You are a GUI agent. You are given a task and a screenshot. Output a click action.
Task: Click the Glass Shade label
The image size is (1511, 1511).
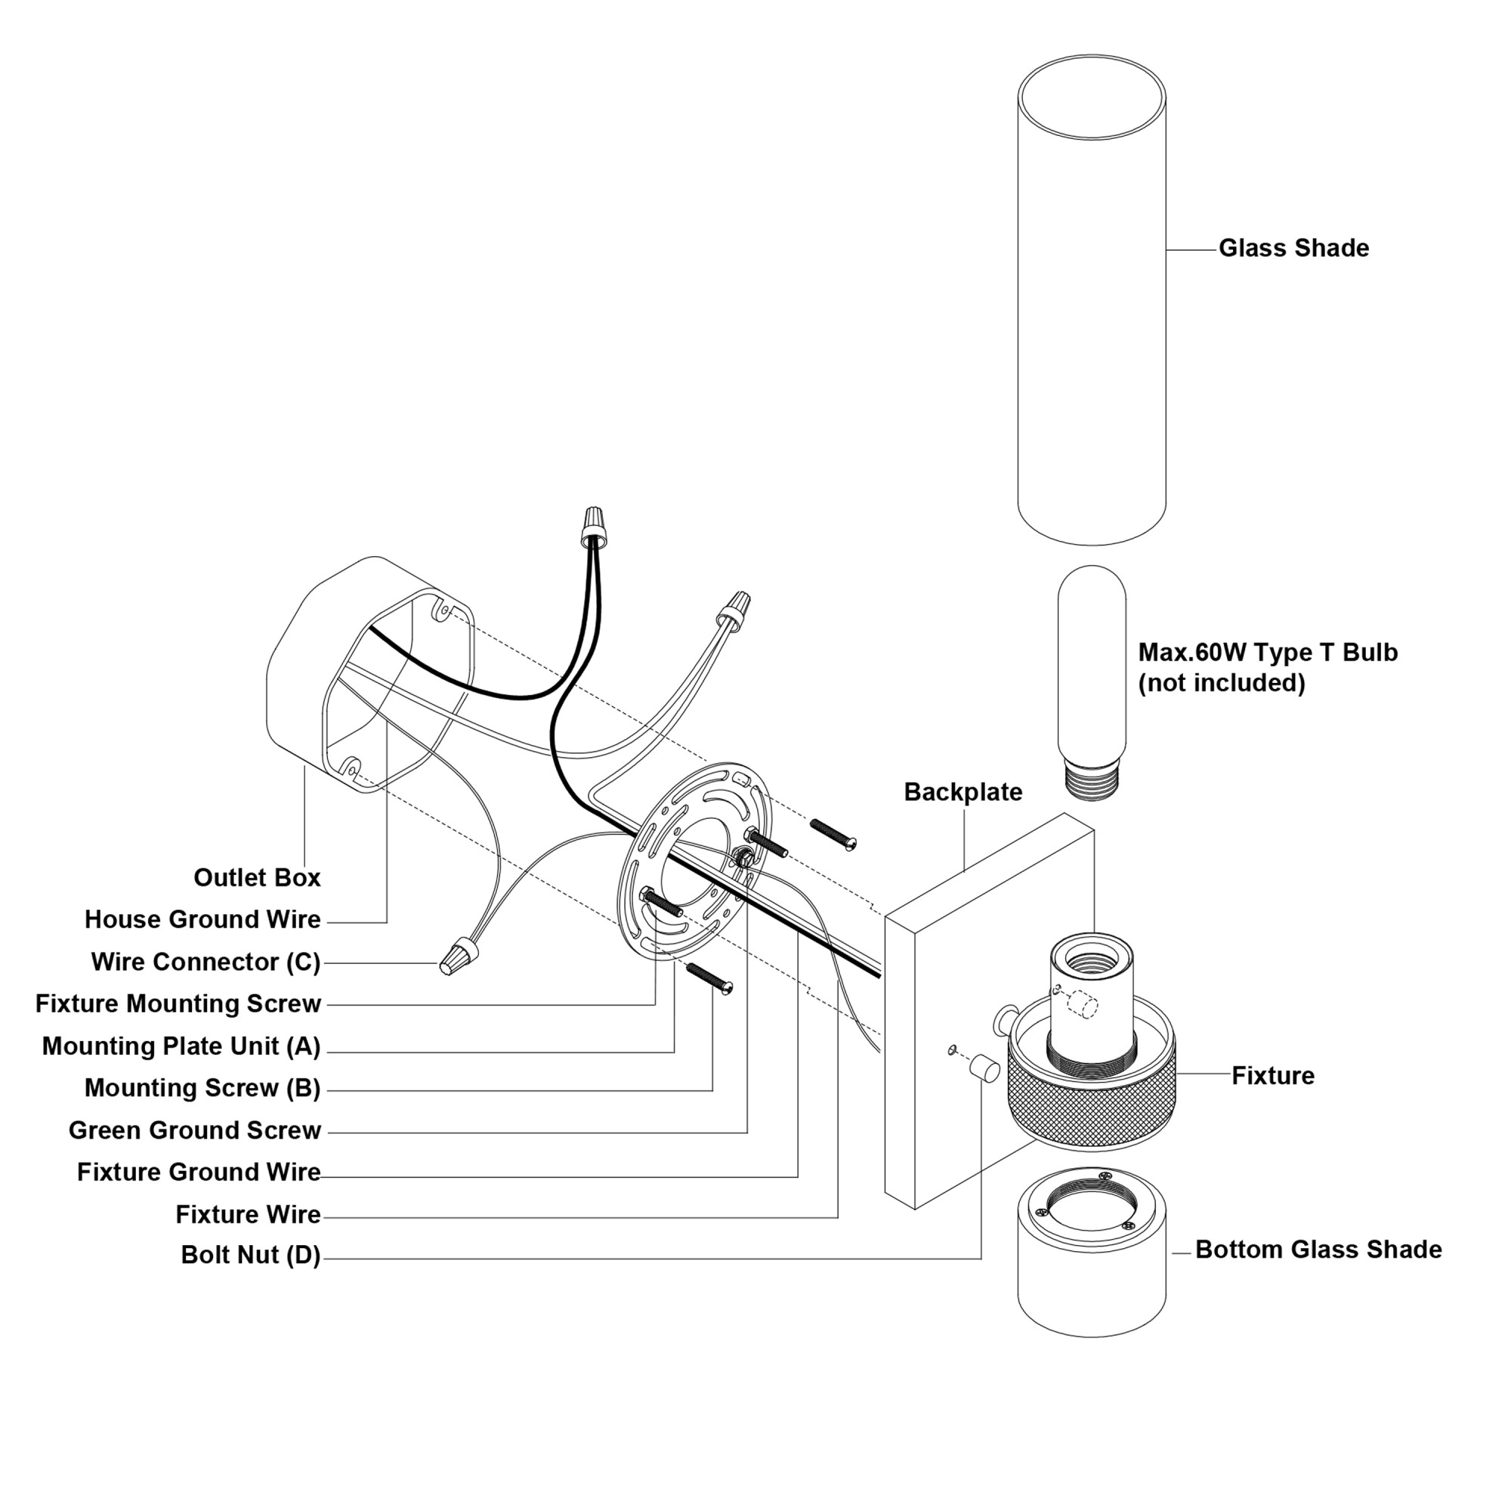pyautogui.click(x=1293, y=249)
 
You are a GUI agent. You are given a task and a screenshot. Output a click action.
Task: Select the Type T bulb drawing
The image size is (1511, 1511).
pyautogui.click(x=1092, y=665)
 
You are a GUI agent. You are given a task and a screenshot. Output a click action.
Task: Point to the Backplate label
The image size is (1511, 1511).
pyautogui.click(x=963, y=793)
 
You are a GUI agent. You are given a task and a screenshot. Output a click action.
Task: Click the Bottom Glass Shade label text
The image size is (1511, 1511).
pyautogui.click(x=1318, y=1250)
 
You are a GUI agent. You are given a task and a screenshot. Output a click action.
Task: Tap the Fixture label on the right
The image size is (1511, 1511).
pyautogui.click(x=1272, y=1075)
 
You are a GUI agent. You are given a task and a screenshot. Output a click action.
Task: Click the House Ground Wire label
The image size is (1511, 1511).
pyautogui.click(x=202, y=919)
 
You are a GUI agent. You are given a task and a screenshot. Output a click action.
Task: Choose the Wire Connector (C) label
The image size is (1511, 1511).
pyautogui.click(x=205, y=962)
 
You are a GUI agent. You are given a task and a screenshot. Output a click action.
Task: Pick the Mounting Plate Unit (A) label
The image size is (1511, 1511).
pyautogui.click(x=181, y=1046)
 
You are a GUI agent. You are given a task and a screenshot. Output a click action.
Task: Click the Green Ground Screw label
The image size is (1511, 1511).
pyautogui.click(x=195, y=1131)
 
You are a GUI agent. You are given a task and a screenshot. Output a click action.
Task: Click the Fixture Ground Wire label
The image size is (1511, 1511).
pyautogui.click(x=199, y=1173)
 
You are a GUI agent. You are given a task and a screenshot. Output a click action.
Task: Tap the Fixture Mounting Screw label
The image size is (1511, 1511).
pyautogui.click(x=178, y=1004)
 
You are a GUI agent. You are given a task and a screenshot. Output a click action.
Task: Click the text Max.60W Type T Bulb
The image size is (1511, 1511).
pyautogui.click(x=1267, y=652)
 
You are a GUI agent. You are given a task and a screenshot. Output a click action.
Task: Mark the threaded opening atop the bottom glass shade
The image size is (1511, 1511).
pyautogui.click(x=1091, y=1209)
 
